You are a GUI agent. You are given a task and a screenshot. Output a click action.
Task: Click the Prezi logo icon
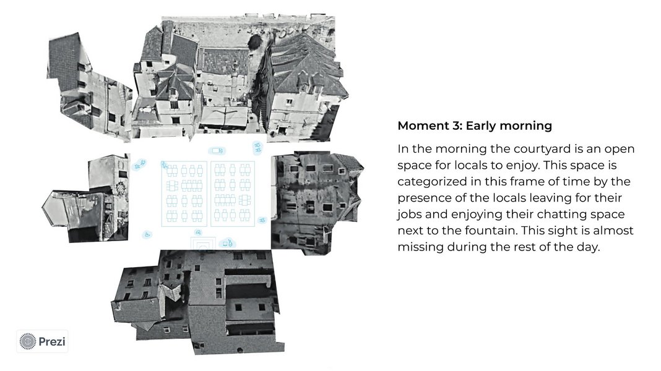pyautogui.click(x=28, y=341)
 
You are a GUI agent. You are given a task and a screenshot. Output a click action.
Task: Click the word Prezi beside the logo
pyautogui.click(x=52, y=341)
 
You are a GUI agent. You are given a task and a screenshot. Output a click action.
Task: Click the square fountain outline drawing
pyautogui.click(x=203, y=244)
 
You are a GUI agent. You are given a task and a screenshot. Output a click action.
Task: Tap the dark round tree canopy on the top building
pyautogui.click(x=254, y=43)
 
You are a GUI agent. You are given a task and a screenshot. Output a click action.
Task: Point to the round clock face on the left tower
pyautogui.click(x=122, y=187)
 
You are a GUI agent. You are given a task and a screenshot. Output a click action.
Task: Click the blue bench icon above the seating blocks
pyautogui.click(x=217, y=150)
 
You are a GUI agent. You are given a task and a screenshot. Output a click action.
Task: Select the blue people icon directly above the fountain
pyautogui.click(x=198, y=232)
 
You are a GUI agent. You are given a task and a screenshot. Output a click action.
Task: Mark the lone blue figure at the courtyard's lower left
pyautogui.click(x=147, y=234)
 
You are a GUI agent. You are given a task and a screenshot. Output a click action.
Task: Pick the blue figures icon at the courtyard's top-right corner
pyautogui.click(x=257, y=147)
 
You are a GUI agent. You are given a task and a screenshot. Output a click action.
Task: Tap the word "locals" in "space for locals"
pyautogui.click(x=470, y=166)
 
